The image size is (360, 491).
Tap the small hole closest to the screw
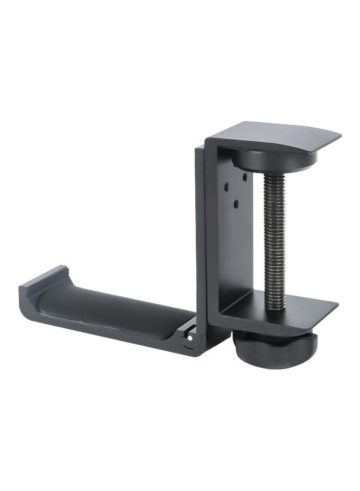point(244,178)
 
